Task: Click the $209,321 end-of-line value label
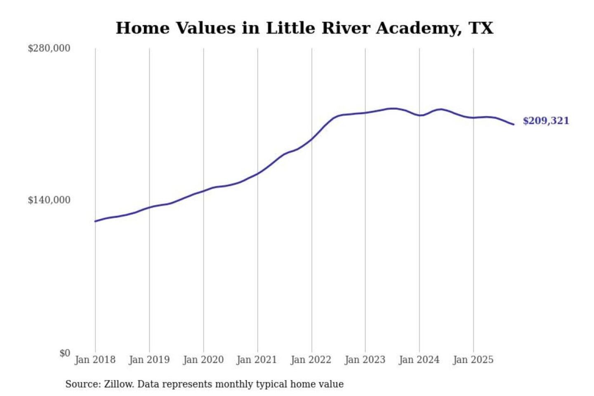coord(546,121)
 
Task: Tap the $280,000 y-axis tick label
coord(49,48)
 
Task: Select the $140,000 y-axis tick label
coord(49,200)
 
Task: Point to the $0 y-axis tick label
coord(65,353)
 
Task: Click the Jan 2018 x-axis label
coord(95,360)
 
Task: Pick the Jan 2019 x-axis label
coord(149,360)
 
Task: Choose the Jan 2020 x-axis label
coord(203,360)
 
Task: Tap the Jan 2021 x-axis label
coord(257,360)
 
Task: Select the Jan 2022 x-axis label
coord(311,360)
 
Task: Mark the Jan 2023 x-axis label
coord(365,360)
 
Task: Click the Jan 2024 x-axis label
coord(419,360)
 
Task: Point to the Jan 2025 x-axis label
coord(473,360)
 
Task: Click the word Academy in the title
coord(419,28)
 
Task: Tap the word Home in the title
coord(142,28)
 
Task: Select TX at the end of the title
coord(481,28)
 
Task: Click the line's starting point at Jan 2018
coord(95,222)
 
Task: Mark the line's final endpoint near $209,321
coord(514,124)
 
